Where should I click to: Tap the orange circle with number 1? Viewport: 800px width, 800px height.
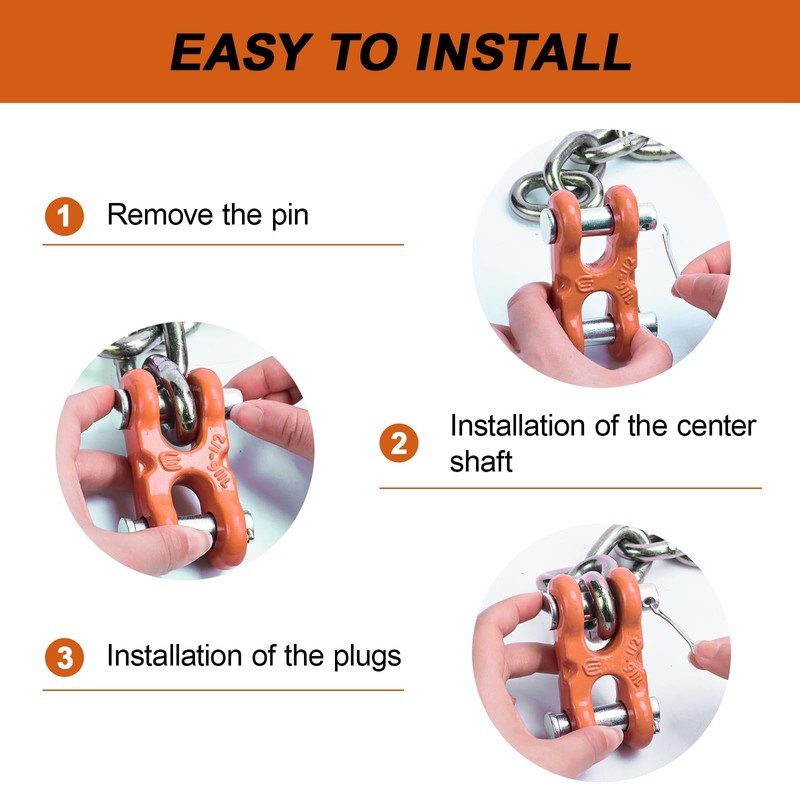64,216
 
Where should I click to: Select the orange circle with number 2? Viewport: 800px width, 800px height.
398,443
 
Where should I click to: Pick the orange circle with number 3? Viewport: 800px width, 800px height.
64,658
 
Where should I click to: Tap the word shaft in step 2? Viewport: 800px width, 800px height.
481,461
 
